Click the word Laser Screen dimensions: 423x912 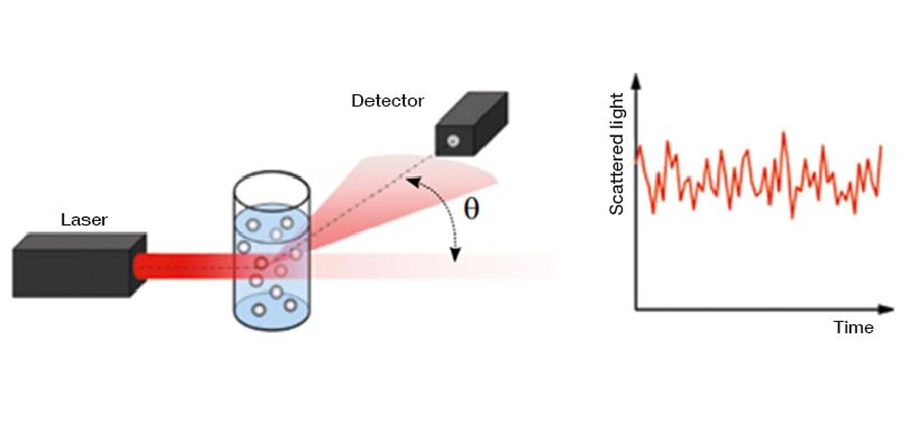(84, 220)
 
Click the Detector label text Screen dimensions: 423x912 (387, 100)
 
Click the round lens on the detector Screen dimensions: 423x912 (452, 140)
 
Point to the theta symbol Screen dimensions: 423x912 (471, 210)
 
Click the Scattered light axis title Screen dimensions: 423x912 (616, 153)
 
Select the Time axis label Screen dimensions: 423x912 (853, 328)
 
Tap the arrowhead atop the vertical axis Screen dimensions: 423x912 (636, 78)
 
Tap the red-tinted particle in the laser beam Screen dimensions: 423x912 (261, 264)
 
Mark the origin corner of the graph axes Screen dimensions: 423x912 (636, 309)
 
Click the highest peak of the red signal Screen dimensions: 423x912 (783, 134)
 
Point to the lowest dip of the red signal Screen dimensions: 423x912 (793, 218)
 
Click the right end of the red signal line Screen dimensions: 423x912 (881, 146)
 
